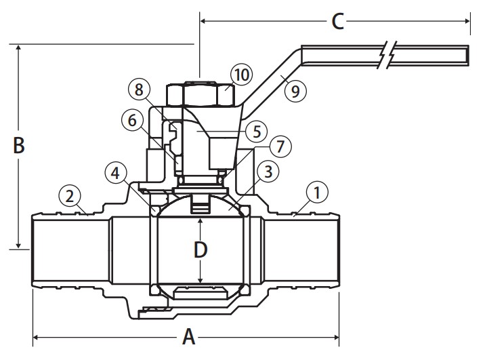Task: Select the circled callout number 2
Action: tap(69, 196)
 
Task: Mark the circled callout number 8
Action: tap(139, 89)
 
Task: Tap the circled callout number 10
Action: tap(241, 73)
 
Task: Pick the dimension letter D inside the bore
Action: tap(200, 250)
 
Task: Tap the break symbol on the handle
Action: tap(385, 54)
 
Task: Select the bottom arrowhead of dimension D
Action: tap(200, 280)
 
